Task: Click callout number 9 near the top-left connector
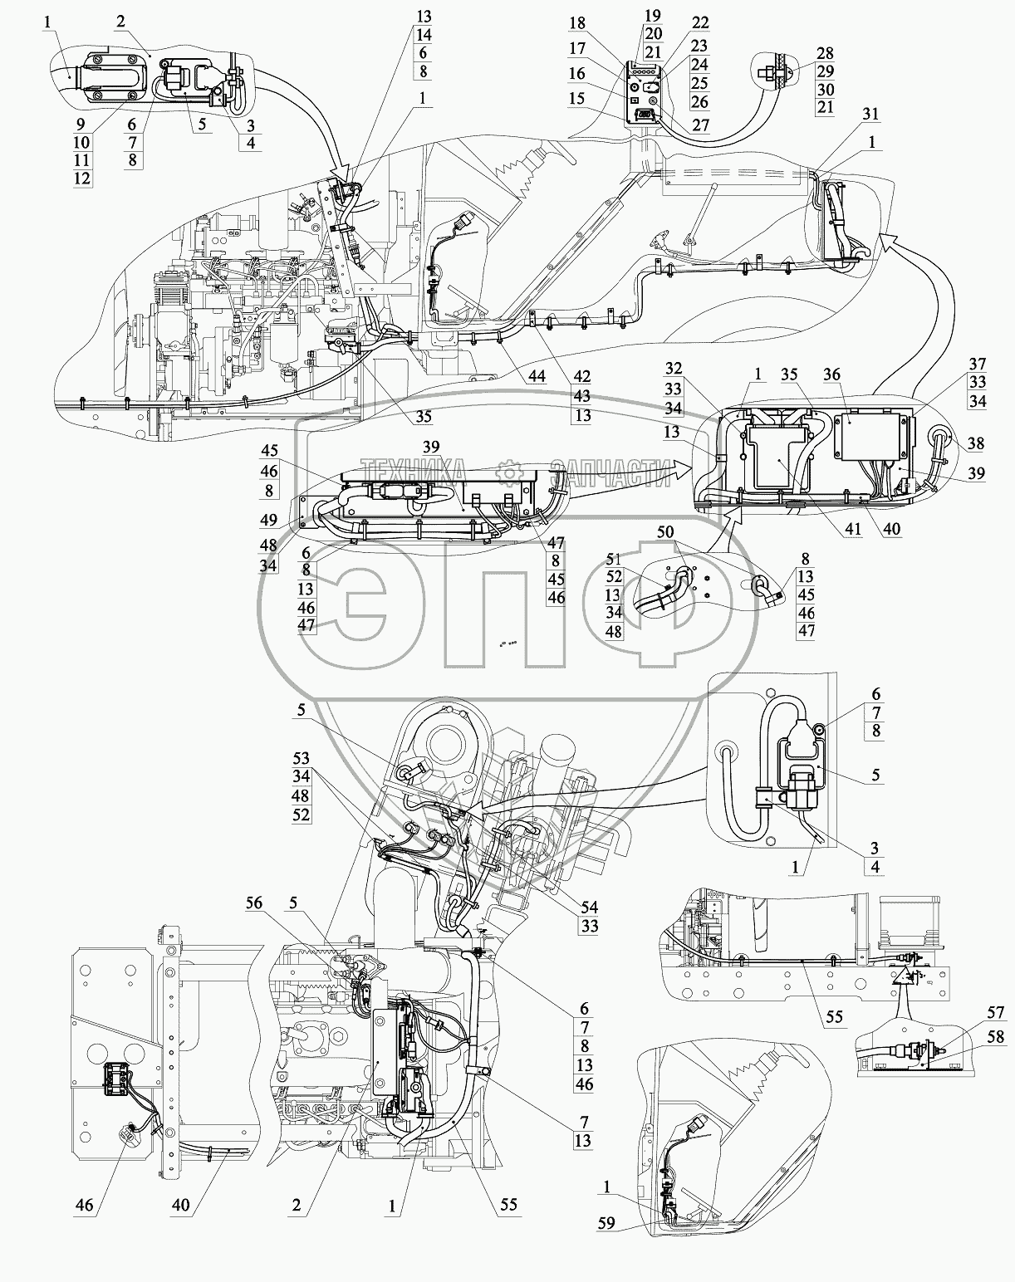coord(82,124)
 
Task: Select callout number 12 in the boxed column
coord(82,179)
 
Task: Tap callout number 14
coord(424,35)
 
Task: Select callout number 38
coord(976,443)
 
